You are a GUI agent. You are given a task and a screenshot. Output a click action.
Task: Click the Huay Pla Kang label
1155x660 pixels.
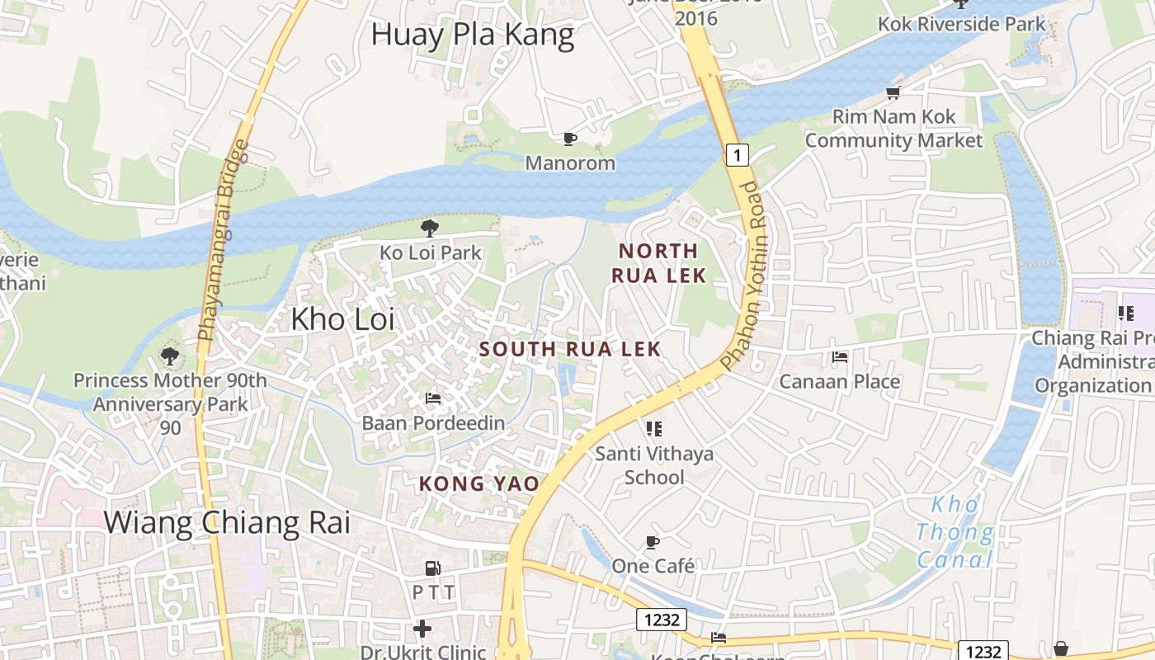[472, 35]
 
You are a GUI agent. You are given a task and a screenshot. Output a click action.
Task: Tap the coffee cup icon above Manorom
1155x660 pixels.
[569, 139]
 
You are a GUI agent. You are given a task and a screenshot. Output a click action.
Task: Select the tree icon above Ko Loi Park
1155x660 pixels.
[429, 228]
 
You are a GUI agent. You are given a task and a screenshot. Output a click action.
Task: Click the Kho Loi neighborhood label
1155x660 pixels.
[342, 318]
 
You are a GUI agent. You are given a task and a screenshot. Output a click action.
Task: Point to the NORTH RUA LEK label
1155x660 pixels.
[658, 262]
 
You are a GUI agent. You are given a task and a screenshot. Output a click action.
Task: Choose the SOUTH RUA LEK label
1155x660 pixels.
[570, 349]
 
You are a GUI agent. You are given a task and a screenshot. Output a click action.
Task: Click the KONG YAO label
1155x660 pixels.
[478, 483]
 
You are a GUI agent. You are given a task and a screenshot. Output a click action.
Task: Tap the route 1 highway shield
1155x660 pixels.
[738, 154]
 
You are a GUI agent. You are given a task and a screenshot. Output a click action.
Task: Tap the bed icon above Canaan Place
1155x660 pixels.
[840, 357]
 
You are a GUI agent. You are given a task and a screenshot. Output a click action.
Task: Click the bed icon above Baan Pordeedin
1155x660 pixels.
[433, 398]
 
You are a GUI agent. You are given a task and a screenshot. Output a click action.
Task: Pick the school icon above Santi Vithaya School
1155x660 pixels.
[654, 428]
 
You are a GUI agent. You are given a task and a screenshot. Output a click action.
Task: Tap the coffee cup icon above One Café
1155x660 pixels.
[653, 542]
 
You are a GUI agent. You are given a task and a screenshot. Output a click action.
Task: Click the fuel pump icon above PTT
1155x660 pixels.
[433, 568]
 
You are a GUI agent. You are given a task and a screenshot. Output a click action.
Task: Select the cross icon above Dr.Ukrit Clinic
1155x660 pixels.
[422, 629]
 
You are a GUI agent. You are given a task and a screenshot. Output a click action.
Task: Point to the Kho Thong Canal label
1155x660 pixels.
[955, 532]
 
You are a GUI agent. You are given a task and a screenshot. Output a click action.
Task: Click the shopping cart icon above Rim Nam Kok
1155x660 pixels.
[893, 92]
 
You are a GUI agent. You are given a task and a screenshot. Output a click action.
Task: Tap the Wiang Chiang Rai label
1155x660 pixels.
[227, 522]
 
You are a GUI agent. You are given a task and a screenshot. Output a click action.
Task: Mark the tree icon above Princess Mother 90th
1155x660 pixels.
[170, 356]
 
